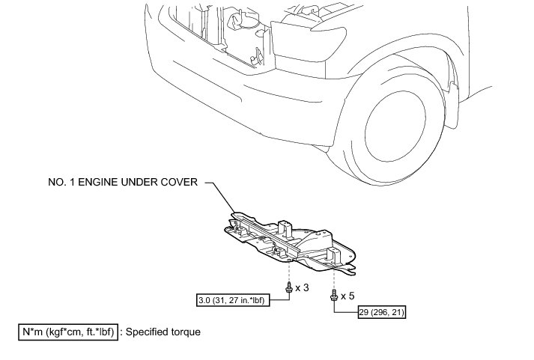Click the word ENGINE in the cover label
point(105,181)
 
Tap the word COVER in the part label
point(179,181)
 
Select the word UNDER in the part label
point(145,181)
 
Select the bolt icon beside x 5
point(333,297)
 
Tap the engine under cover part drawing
point(292,240)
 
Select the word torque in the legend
point(186,331)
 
